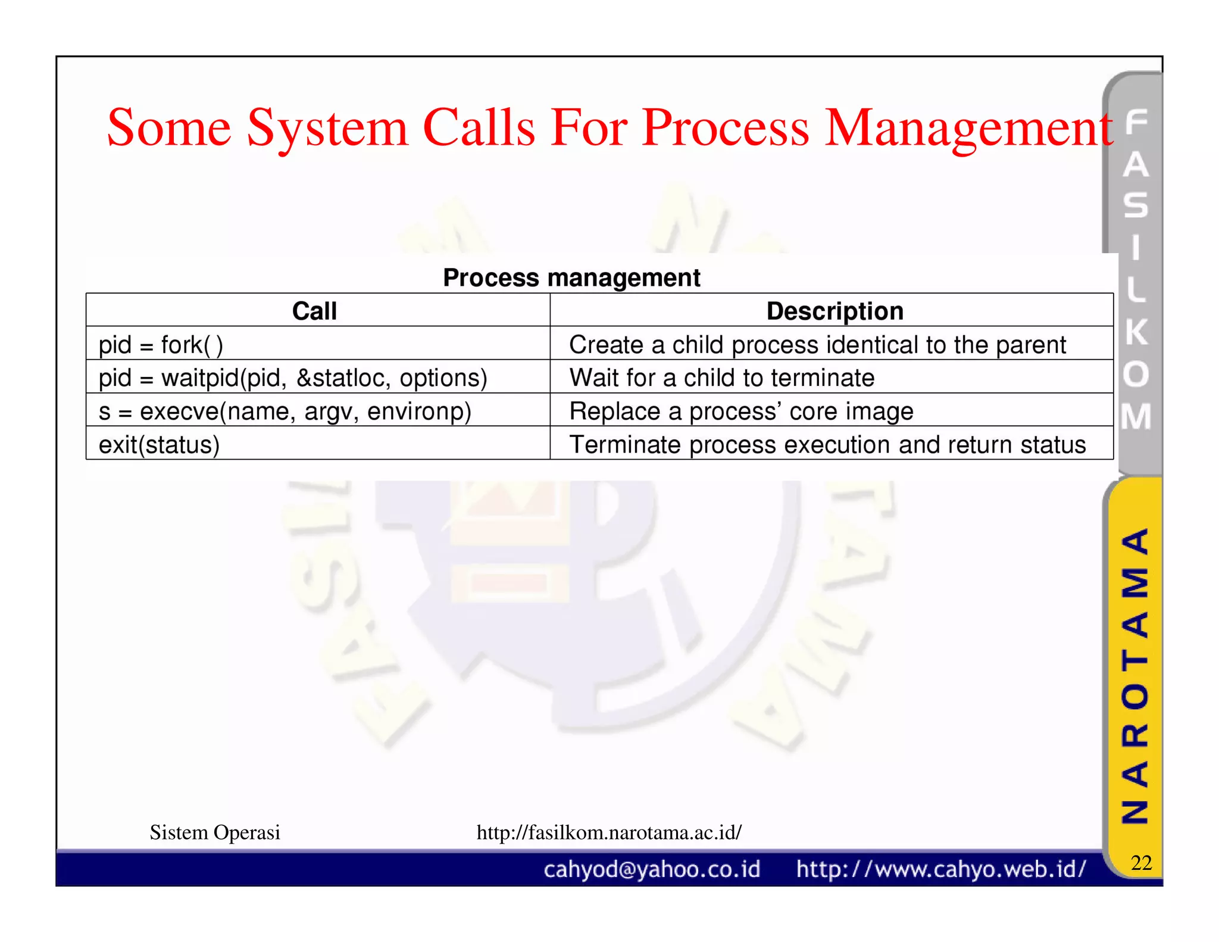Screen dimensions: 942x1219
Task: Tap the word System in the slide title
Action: point(327,129)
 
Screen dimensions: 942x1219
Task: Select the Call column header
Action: point(314,311)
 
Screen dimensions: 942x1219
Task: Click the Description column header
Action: point(834,311)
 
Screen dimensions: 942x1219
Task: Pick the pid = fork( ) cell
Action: point(161,345)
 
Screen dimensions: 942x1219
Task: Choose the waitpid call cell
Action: point(293,378)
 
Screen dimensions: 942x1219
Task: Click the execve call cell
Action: point(285,411)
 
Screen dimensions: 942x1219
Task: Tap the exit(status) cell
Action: point(159,445)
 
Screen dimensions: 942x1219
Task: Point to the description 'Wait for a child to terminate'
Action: point(721,378)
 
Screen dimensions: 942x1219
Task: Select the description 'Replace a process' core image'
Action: point(741,411)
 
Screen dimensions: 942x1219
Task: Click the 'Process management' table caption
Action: point(571,277)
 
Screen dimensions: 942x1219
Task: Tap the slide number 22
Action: point(1141,863)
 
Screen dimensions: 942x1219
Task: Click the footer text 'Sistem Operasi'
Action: point(215,832)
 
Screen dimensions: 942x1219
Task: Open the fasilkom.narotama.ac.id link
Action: point(609,832)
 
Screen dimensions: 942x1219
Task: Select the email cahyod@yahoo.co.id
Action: point(652,869)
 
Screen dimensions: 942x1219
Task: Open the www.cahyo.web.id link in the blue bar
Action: point(941,869)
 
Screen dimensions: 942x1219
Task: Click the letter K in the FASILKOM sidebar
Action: point(1136,332)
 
